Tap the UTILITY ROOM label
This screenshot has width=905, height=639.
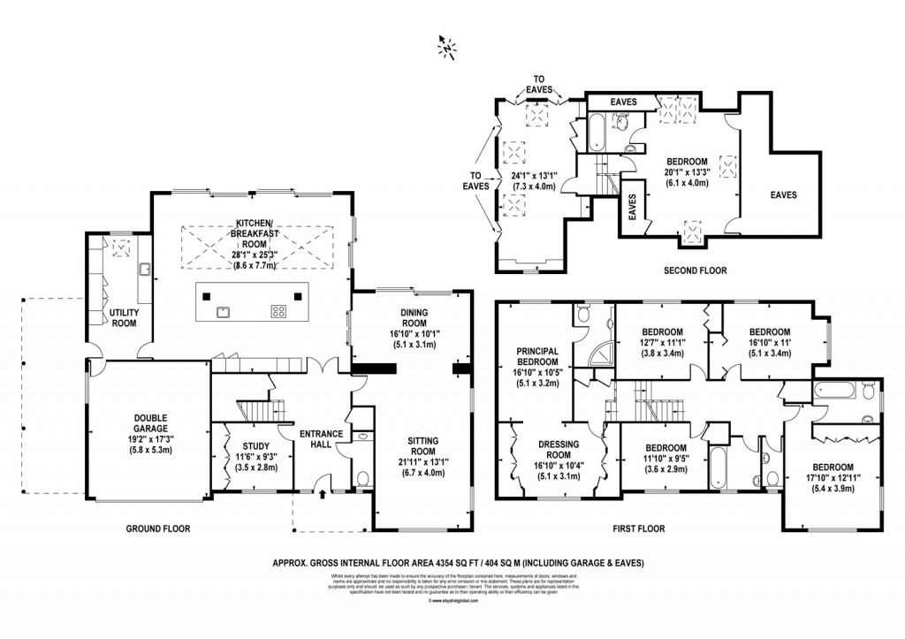[123, 318]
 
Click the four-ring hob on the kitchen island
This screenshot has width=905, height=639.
[278, 310]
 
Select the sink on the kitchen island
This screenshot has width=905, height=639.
[223, 310]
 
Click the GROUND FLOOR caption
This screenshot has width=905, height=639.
[157, 529]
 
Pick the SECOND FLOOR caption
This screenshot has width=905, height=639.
[695, 270]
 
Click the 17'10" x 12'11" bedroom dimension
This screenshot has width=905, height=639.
[832, 478]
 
